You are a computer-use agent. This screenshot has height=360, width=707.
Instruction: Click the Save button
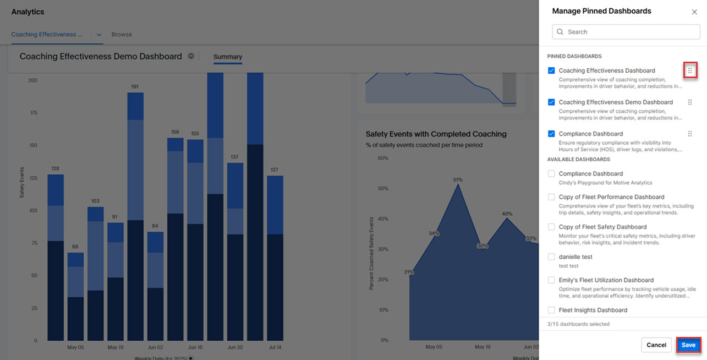pyautogui.click(x=688, y=345)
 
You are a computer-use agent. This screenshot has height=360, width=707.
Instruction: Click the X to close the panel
pyautogui.click(x=694, y=12)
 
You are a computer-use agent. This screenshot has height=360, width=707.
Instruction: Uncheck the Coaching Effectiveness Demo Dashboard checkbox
pyautogui.click(x=551, y=102)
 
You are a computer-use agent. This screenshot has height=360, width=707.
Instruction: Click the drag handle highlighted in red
pyautogui.click(x=690, y=70)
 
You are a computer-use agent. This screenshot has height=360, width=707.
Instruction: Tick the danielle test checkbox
pyautogui.click(x=551, y=257)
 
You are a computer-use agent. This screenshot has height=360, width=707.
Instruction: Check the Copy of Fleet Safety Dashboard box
pyautogui.click(x=551, y=227)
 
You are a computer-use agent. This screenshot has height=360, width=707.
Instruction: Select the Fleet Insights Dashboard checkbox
pyautogui.click(x=551, y=310)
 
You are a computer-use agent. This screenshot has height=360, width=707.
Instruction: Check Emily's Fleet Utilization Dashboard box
pyautogui.click(x=551, y=280)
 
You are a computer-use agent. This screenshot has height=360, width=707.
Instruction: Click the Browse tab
pyautogui.click(x=122, y=34)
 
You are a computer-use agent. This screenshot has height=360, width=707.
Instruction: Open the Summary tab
pyautogui.click(x=228, y=57)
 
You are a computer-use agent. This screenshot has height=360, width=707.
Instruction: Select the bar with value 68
pyautogui.click(x=75, y=297)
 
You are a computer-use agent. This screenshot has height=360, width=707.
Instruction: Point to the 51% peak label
pyautogui.click(x=458, y=179)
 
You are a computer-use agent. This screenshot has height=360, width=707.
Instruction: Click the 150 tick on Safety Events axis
pyautogui.click(x=33, y=145)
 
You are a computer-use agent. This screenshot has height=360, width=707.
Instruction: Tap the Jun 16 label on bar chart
pyautogui.click(x=195, y=347)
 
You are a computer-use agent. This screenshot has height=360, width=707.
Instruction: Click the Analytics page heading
pyautogui.click(x=28, y=12)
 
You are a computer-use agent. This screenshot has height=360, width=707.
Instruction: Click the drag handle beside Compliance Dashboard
pyautogui.click(x=690, y=134)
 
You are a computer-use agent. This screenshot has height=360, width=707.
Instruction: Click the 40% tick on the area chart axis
pyautogui.click(x=382, y=219)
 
